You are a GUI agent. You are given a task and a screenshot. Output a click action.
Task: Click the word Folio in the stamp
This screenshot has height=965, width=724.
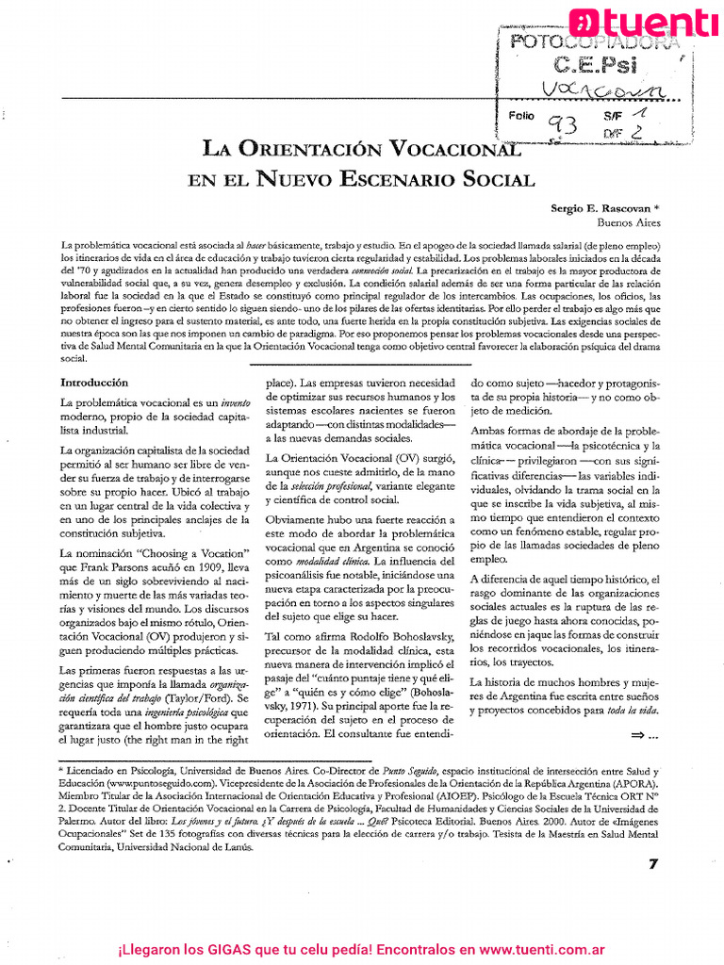pos(520,115)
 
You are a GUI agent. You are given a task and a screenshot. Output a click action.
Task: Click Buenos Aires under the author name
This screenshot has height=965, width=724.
pos(629,222)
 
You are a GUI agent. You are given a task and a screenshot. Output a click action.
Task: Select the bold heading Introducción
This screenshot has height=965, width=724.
pos(93,383)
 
